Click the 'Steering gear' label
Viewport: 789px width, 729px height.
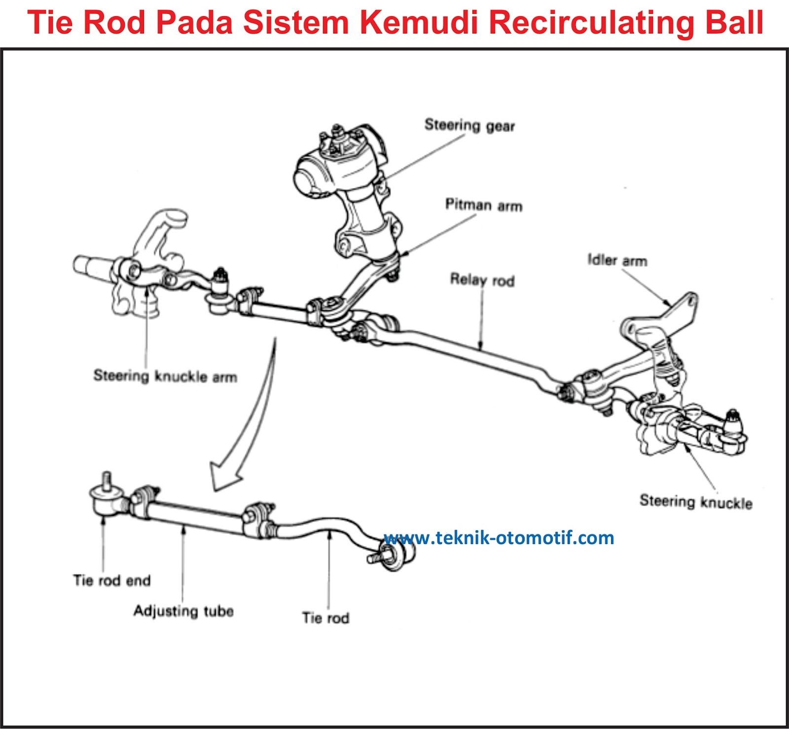tap(469, 125)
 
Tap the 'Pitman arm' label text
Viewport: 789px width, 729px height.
tap(483, 205)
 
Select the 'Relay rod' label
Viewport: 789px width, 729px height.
tap(482, 280)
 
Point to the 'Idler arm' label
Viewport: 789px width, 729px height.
tap(617, 260)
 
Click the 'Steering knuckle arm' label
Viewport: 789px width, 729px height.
tap(165, 376)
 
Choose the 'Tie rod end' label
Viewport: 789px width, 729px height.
tap(111, 580)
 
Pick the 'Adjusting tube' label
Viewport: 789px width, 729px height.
tap(183, 611)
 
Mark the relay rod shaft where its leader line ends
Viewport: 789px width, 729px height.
tap(481, 349)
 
